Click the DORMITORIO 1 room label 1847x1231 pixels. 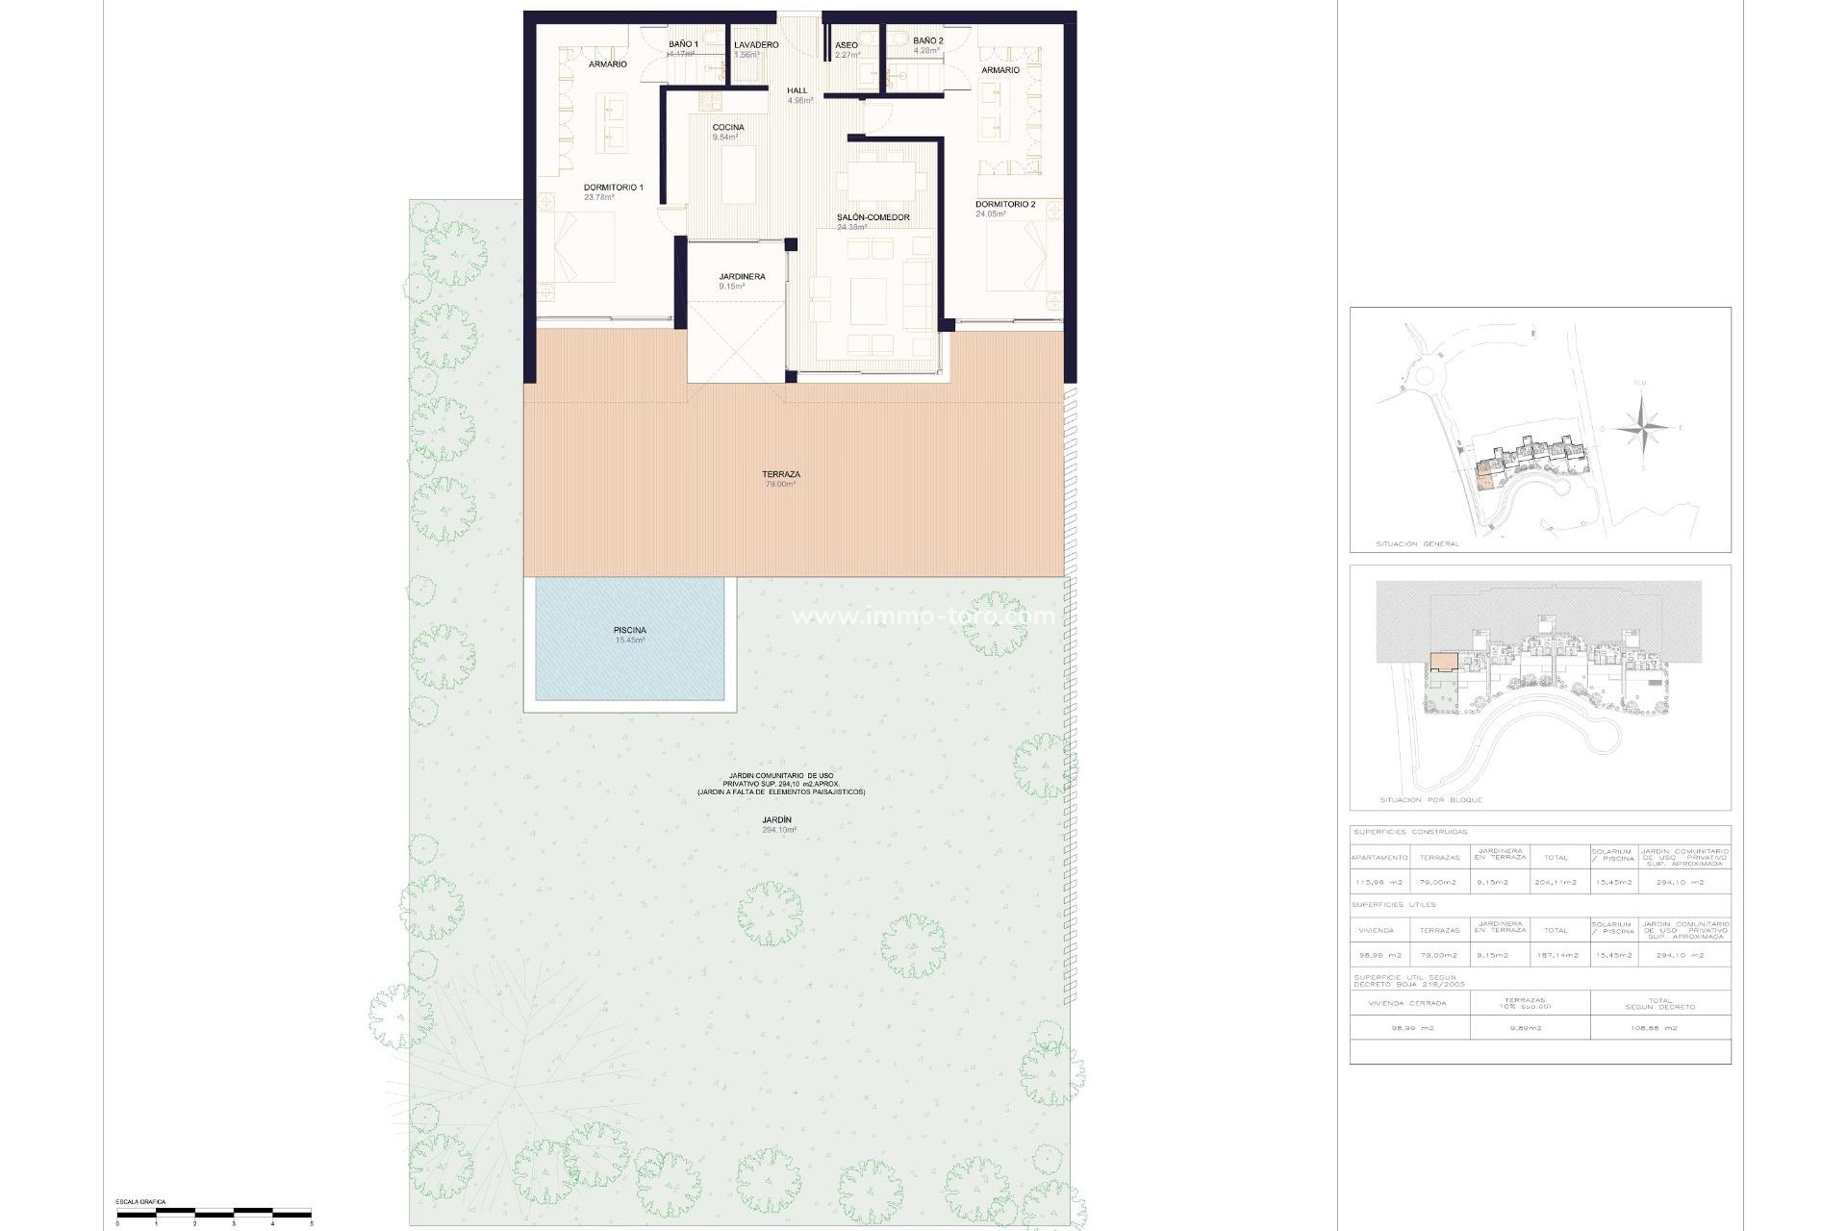(x=613, y=188)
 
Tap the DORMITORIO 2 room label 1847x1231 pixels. (x=1005, y=205)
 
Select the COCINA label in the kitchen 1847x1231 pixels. (x=727, y=128)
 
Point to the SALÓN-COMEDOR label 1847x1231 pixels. (x=873, y=218)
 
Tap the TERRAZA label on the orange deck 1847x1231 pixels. (x=780, y=475)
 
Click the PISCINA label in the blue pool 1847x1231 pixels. (x=630, y=631)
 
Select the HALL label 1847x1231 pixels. (x=797, y=91)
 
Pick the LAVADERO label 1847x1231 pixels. (x=756, y=45)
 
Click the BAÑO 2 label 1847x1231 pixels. (x=927, y=41)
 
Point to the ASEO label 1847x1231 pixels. (x=847, y=45)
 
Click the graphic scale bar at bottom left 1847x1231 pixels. (x=214, y=1213)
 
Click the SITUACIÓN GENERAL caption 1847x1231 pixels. (x=1418, y=544)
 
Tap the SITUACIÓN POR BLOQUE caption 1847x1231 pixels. (x=1430, y=800)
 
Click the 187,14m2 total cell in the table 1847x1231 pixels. (x=1556, y=956)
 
